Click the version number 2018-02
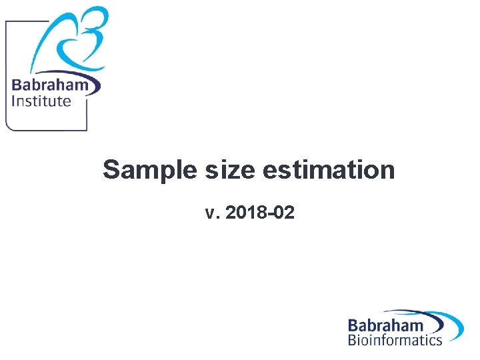coord(260,213)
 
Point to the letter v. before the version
coord(211,214)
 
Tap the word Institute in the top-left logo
coord(41,101)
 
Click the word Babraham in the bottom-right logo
coord(385,325)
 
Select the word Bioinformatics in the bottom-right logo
coord(395,340)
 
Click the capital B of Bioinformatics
coord(352,340)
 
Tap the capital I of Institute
coord(14,101)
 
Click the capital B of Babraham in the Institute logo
coord(17,86)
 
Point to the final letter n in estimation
coord(388,171)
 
